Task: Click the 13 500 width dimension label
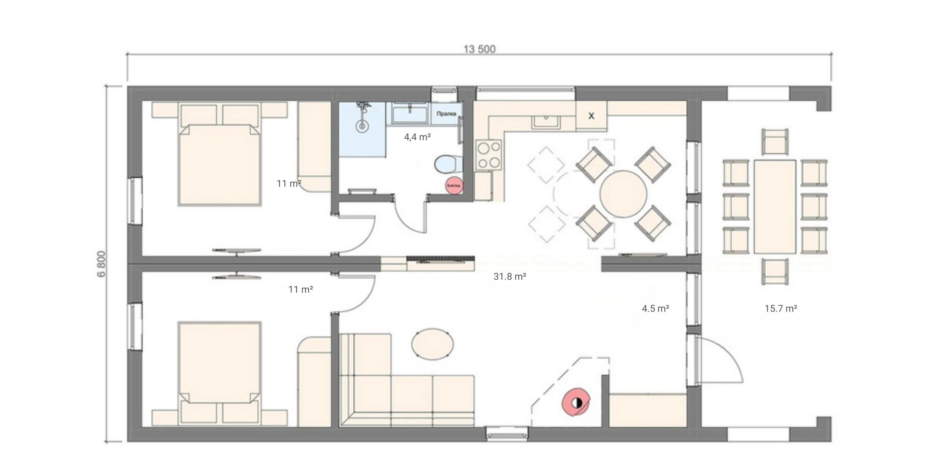(479, 49)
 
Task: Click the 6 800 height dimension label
(102, 264)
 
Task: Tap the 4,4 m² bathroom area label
(417, 137)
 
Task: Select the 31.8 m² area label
(510, 277)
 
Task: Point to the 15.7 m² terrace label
(781, 308)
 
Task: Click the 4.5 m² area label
(655, 308)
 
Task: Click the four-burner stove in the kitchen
(489, 155)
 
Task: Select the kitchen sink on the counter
(547, 121)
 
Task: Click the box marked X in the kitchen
(591, 116)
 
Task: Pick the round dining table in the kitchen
(623, 194)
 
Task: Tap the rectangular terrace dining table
(775, 207)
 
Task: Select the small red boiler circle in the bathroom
(454, 185)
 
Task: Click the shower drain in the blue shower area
(362, 126)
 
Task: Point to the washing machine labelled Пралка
(446, 114)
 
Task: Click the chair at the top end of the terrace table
(775, 142)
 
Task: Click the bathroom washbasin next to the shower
(409, 114)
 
